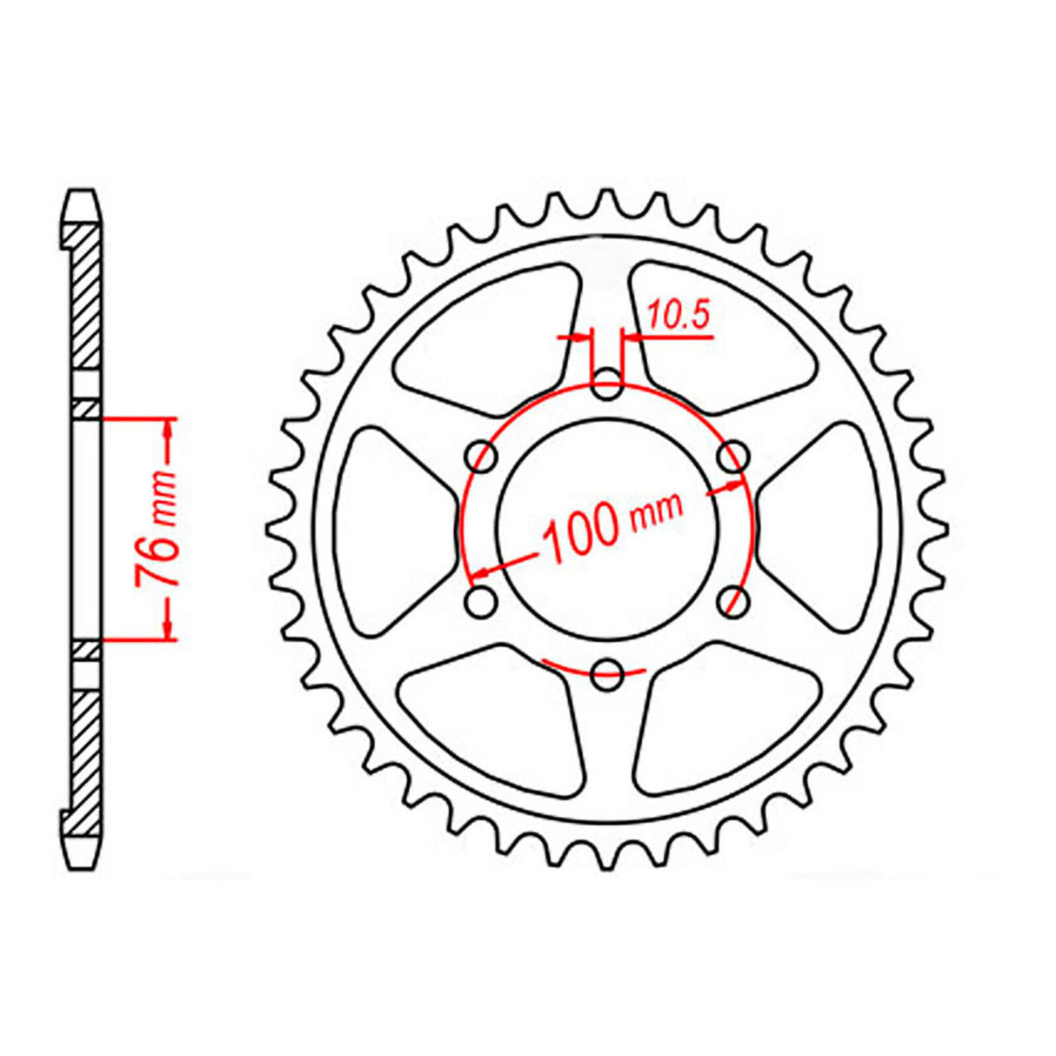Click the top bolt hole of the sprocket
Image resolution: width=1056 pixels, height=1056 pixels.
point(607,382)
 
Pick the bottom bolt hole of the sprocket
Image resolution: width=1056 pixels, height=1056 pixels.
point(607,671)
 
